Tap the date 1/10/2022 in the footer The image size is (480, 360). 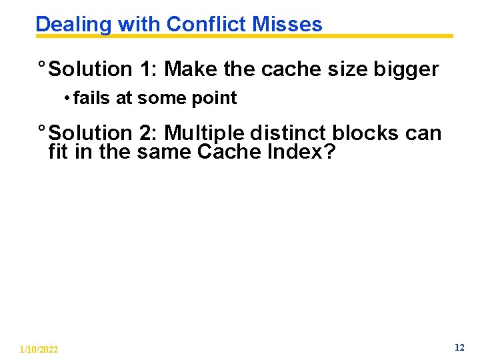39,349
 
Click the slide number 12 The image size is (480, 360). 459,347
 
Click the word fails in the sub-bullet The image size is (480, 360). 92,98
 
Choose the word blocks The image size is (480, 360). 365,133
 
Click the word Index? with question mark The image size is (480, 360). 301,152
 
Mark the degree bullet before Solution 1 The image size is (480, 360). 41,65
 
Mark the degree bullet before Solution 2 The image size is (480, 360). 41,129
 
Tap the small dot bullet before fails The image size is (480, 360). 67,99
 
